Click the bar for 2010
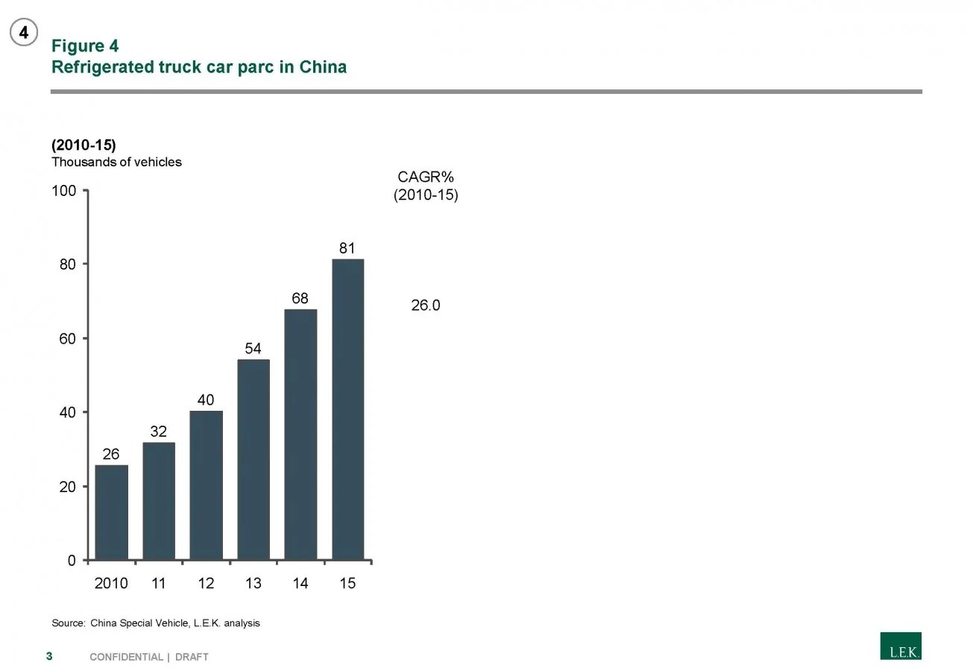111,512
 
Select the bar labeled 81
347,409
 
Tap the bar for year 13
254,459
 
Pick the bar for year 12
206,485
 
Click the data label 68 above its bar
300,298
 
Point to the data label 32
158,432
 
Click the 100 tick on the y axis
64,191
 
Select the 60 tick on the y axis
68,338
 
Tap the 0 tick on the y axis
72,561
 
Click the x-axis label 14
300,584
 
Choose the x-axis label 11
158,584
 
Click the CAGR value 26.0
426,305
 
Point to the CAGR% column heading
426,177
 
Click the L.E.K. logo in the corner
900,646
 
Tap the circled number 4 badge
24,33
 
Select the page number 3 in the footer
49,656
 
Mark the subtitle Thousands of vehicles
116,162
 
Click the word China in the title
323,67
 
